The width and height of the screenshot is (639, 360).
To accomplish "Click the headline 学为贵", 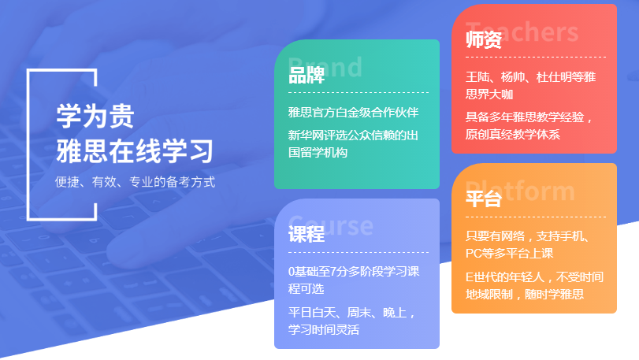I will pyautogui.click(x=95, y=117).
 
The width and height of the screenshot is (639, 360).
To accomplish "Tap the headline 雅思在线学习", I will pyautogui.click(x=134, y=150).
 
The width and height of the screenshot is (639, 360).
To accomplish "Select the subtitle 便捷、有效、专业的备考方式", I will pyautogui.click(x=135, y=181).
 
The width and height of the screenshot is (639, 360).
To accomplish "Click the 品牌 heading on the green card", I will pyautogui.click(x=306, y=75).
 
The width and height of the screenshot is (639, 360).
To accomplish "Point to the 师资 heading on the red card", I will pyautogui.click(x=484, y=40).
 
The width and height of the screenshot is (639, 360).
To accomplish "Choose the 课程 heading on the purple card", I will pyautogui.click(x=306, y=234).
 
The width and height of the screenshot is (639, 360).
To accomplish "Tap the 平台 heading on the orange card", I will pyautogui.click(x=484, y=199).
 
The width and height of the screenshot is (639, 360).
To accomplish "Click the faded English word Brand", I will pyautogui.click(x=325, y=65).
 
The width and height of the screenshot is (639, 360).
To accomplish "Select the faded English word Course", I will pyautogui.click(x=330, y=225).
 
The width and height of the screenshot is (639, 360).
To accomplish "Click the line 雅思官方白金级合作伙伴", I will pyautogui.click(x=353, y=112).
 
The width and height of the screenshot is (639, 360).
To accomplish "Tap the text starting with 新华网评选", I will pyautogui.click(x=353, y=143).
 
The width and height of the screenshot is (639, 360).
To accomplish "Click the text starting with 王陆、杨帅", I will pyautogui.click(x=530, y=85).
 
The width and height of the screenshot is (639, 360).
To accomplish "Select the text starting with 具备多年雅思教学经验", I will pyautogui.click(x=529, y=126).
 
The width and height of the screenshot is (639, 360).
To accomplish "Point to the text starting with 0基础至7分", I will pyautogui.click(x=354, y=280).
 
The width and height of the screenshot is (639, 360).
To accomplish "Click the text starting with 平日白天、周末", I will pyautogui.click(x=351, y=321).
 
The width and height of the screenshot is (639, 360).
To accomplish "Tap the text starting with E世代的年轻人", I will pyautogui.click(x=533, y=285).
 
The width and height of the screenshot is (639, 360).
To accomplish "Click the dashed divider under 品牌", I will pyautogui.click(x=358, y=94).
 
